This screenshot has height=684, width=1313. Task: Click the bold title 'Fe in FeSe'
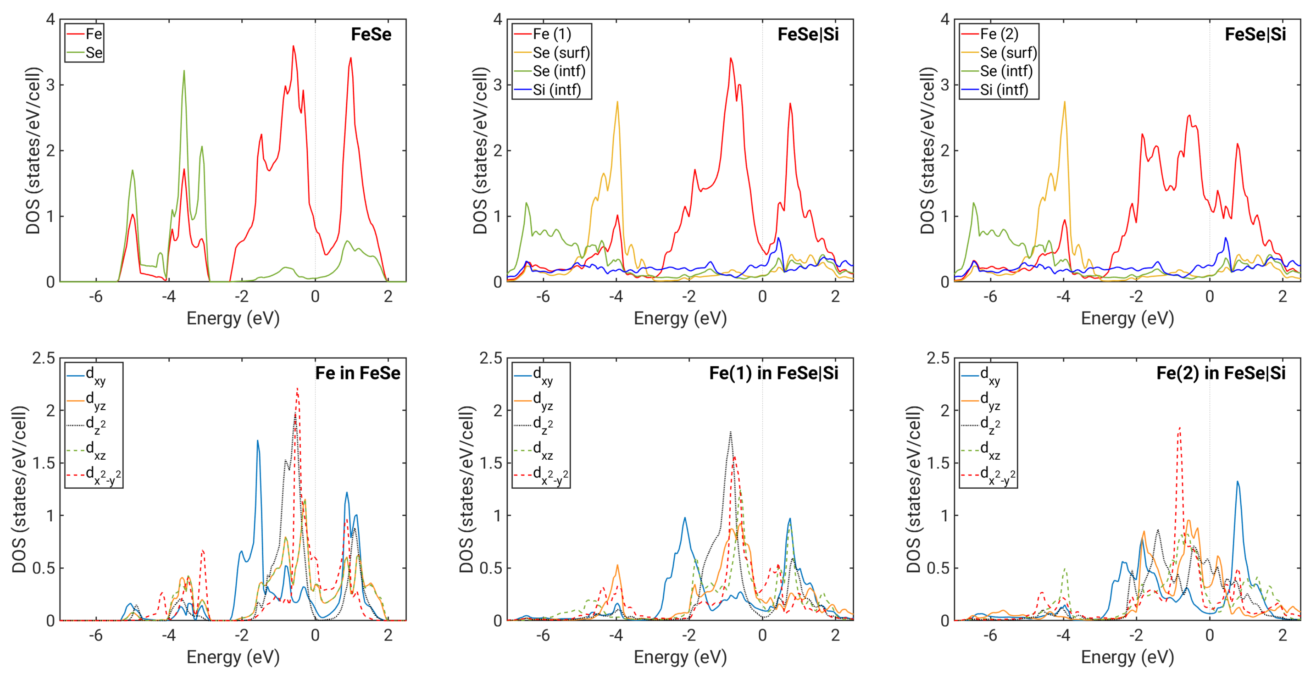click(357, 373)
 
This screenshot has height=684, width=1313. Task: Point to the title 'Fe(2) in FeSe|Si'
click(1220, 373)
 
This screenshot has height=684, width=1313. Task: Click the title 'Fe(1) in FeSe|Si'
click(773, 373)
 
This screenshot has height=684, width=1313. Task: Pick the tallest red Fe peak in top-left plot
click(293, 47)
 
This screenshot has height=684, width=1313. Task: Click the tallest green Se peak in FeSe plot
click(184, 71)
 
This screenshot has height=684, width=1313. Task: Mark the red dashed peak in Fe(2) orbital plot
click(1179, 428)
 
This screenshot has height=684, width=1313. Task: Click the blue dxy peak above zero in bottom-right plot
click(1238, 482)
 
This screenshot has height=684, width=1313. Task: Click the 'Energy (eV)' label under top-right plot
click(1127, 318)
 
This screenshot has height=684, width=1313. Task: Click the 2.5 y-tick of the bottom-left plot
click(44, 358)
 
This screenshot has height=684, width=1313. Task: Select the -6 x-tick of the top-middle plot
click(543, 297)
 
